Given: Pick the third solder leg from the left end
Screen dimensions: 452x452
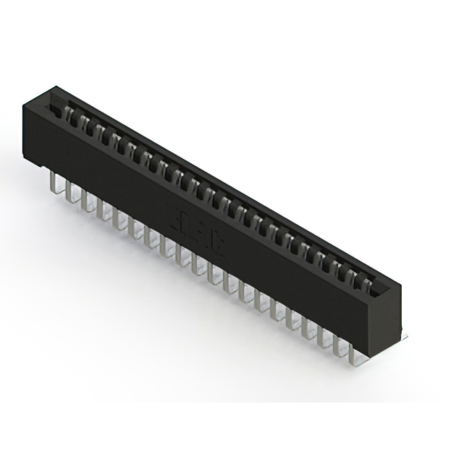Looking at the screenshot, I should (86, 201).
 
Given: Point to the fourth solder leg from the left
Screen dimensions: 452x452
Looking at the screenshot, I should (102, 209).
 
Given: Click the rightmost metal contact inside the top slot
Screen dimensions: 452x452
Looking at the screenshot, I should (365, 285).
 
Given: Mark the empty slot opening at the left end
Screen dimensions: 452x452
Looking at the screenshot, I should (53, 107).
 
